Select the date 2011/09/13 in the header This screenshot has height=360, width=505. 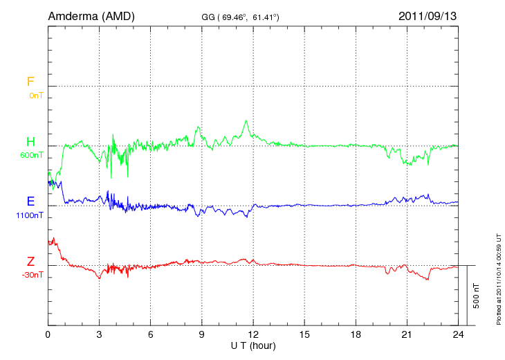428,15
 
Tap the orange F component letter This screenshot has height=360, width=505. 30,82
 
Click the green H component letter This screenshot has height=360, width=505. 30,142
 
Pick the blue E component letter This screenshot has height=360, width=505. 30,201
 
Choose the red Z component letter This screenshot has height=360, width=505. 30,262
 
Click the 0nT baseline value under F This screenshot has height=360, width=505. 36,95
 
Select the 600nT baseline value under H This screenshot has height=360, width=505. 32,155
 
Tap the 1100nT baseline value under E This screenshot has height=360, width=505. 30,215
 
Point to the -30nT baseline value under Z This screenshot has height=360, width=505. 32,275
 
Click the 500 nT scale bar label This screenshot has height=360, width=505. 476,296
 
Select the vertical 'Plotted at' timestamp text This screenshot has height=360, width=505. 499,277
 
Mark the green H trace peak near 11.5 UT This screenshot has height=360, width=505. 246,121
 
